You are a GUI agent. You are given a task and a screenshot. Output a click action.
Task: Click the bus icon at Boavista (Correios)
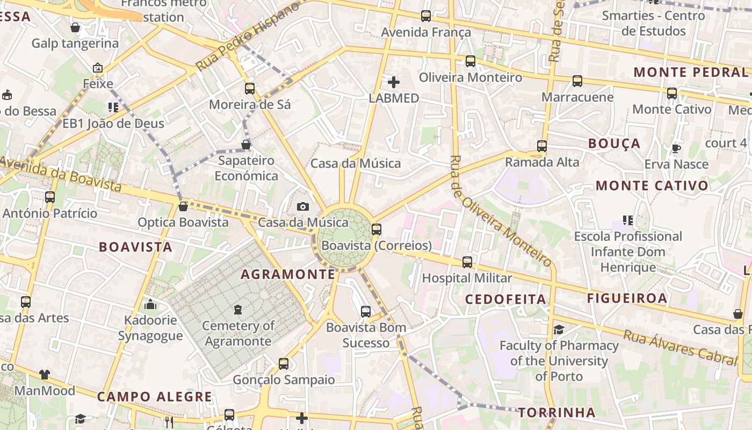pyautogui.click(x=376, y=230)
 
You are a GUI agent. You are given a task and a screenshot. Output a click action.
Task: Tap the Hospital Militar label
pyautogui.click(x=467, y=278)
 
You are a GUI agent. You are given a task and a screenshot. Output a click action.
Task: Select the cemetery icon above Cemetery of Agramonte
pyautogui.click(x=238, y=310)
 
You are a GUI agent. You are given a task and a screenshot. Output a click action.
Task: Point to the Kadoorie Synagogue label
pyautogui.click(x=150, y=328)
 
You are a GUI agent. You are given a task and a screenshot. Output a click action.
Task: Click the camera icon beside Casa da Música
pyautogui.click(x=303, y=206)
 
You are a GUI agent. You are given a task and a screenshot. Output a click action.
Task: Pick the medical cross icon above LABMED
pyautogui.click(x=394, y=82)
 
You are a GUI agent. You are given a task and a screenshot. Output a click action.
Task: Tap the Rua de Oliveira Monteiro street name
pyautogui.click(x=501, y=212)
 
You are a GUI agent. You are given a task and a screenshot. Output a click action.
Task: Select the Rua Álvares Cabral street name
pyautogui.click(x=679, y=347)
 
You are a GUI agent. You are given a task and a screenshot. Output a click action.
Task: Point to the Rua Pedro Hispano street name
pyautogui.click(x=248, y=37)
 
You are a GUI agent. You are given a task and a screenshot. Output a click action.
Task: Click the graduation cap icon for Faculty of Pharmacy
pyautogui.click(x=559, y=329)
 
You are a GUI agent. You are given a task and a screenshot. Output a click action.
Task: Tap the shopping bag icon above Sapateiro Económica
pyautogui.click(x=246, y=145)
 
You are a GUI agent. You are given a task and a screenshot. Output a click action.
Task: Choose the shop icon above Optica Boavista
pyautogui.click(x=183, y=206)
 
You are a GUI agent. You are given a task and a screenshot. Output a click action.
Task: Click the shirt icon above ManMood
pyautogui.click(x=44, y=375)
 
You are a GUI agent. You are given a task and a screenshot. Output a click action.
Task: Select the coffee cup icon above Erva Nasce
pyautogui.click(x=676, y=148)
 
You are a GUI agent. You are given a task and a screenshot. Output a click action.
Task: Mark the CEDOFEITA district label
pyautogui.click(x=505, y=299)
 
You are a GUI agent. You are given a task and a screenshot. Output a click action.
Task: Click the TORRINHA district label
pyautogui.click(x=557, y=413)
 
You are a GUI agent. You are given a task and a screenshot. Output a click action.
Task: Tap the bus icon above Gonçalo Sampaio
pyautogui.click(x=283, y=364)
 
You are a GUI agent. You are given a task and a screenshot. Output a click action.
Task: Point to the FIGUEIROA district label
pyautogui.click(x=627, y=298)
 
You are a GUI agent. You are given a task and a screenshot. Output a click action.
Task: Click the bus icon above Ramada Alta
pyautogui.click(x=542, y=146)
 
